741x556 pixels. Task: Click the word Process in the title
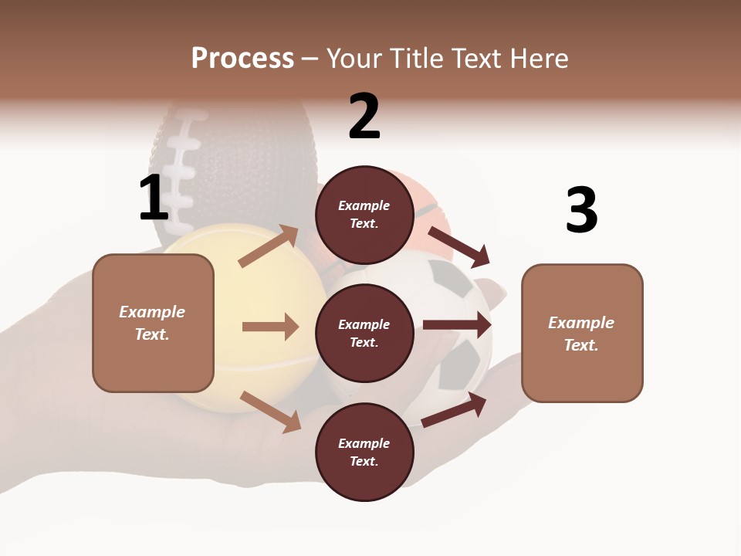pyautogui.click(x=242, y=59)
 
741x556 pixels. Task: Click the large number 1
pyautogui.click(x=154, y=198)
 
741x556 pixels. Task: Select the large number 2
pyautogui.click(x=364, y=117)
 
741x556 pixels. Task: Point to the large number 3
pyautogui.click(x=581, y=210)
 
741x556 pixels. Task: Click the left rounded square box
pyautogui.click(x=153, y=323)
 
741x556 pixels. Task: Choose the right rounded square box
pyautogui.click(x=582, y=333)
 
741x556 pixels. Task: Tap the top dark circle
pyautogui.click(x=364, y=215)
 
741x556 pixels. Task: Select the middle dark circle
pyautogui.click(x=364, y=333)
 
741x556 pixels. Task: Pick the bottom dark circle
pyautogui.click(x=364, y=452)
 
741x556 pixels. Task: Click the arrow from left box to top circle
pyautogui.click(x=269, y=246)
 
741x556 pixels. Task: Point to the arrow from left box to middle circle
pyautogui.click(x=270, y=327)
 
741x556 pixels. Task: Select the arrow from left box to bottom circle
pyautogui.click(x=271, y=411)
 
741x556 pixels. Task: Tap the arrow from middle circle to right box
pyautogui.click(x=457, y=325)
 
